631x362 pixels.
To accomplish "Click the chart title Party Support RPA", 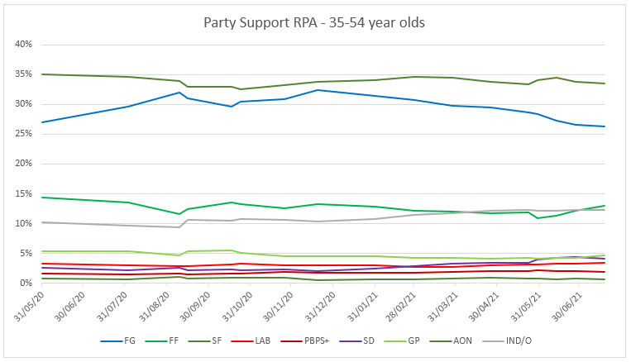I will tap(314, 22).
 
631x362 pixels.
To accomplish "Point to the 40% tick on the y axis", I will tap(22, 44).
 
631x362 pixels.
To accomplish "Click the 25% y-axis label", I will tap(22, 134).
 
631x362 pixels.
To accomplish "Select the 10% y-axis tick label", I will tap(22, 224).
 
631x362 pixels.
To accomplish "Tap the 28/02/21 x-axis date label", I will tap(412, 307).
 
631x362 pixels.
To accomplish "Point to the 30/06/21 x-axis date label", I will tap(577, 307).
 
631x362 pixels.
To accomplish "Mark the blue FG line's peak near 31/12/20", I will tap(318, 90).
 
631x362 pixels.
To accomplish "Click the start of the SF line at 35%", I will tap(41, 74).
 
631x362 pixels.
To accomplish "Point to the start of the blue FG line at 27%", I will tap(41, 122).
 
